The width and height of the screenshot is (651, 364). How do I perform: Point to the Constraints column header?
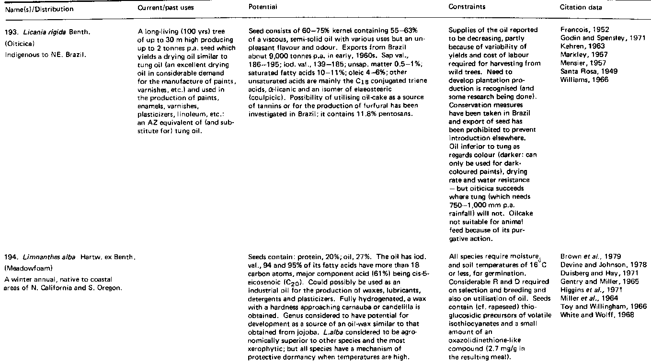coord(467,7)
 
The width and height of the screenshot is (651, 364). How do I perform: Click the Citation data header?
coord(581,7)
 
